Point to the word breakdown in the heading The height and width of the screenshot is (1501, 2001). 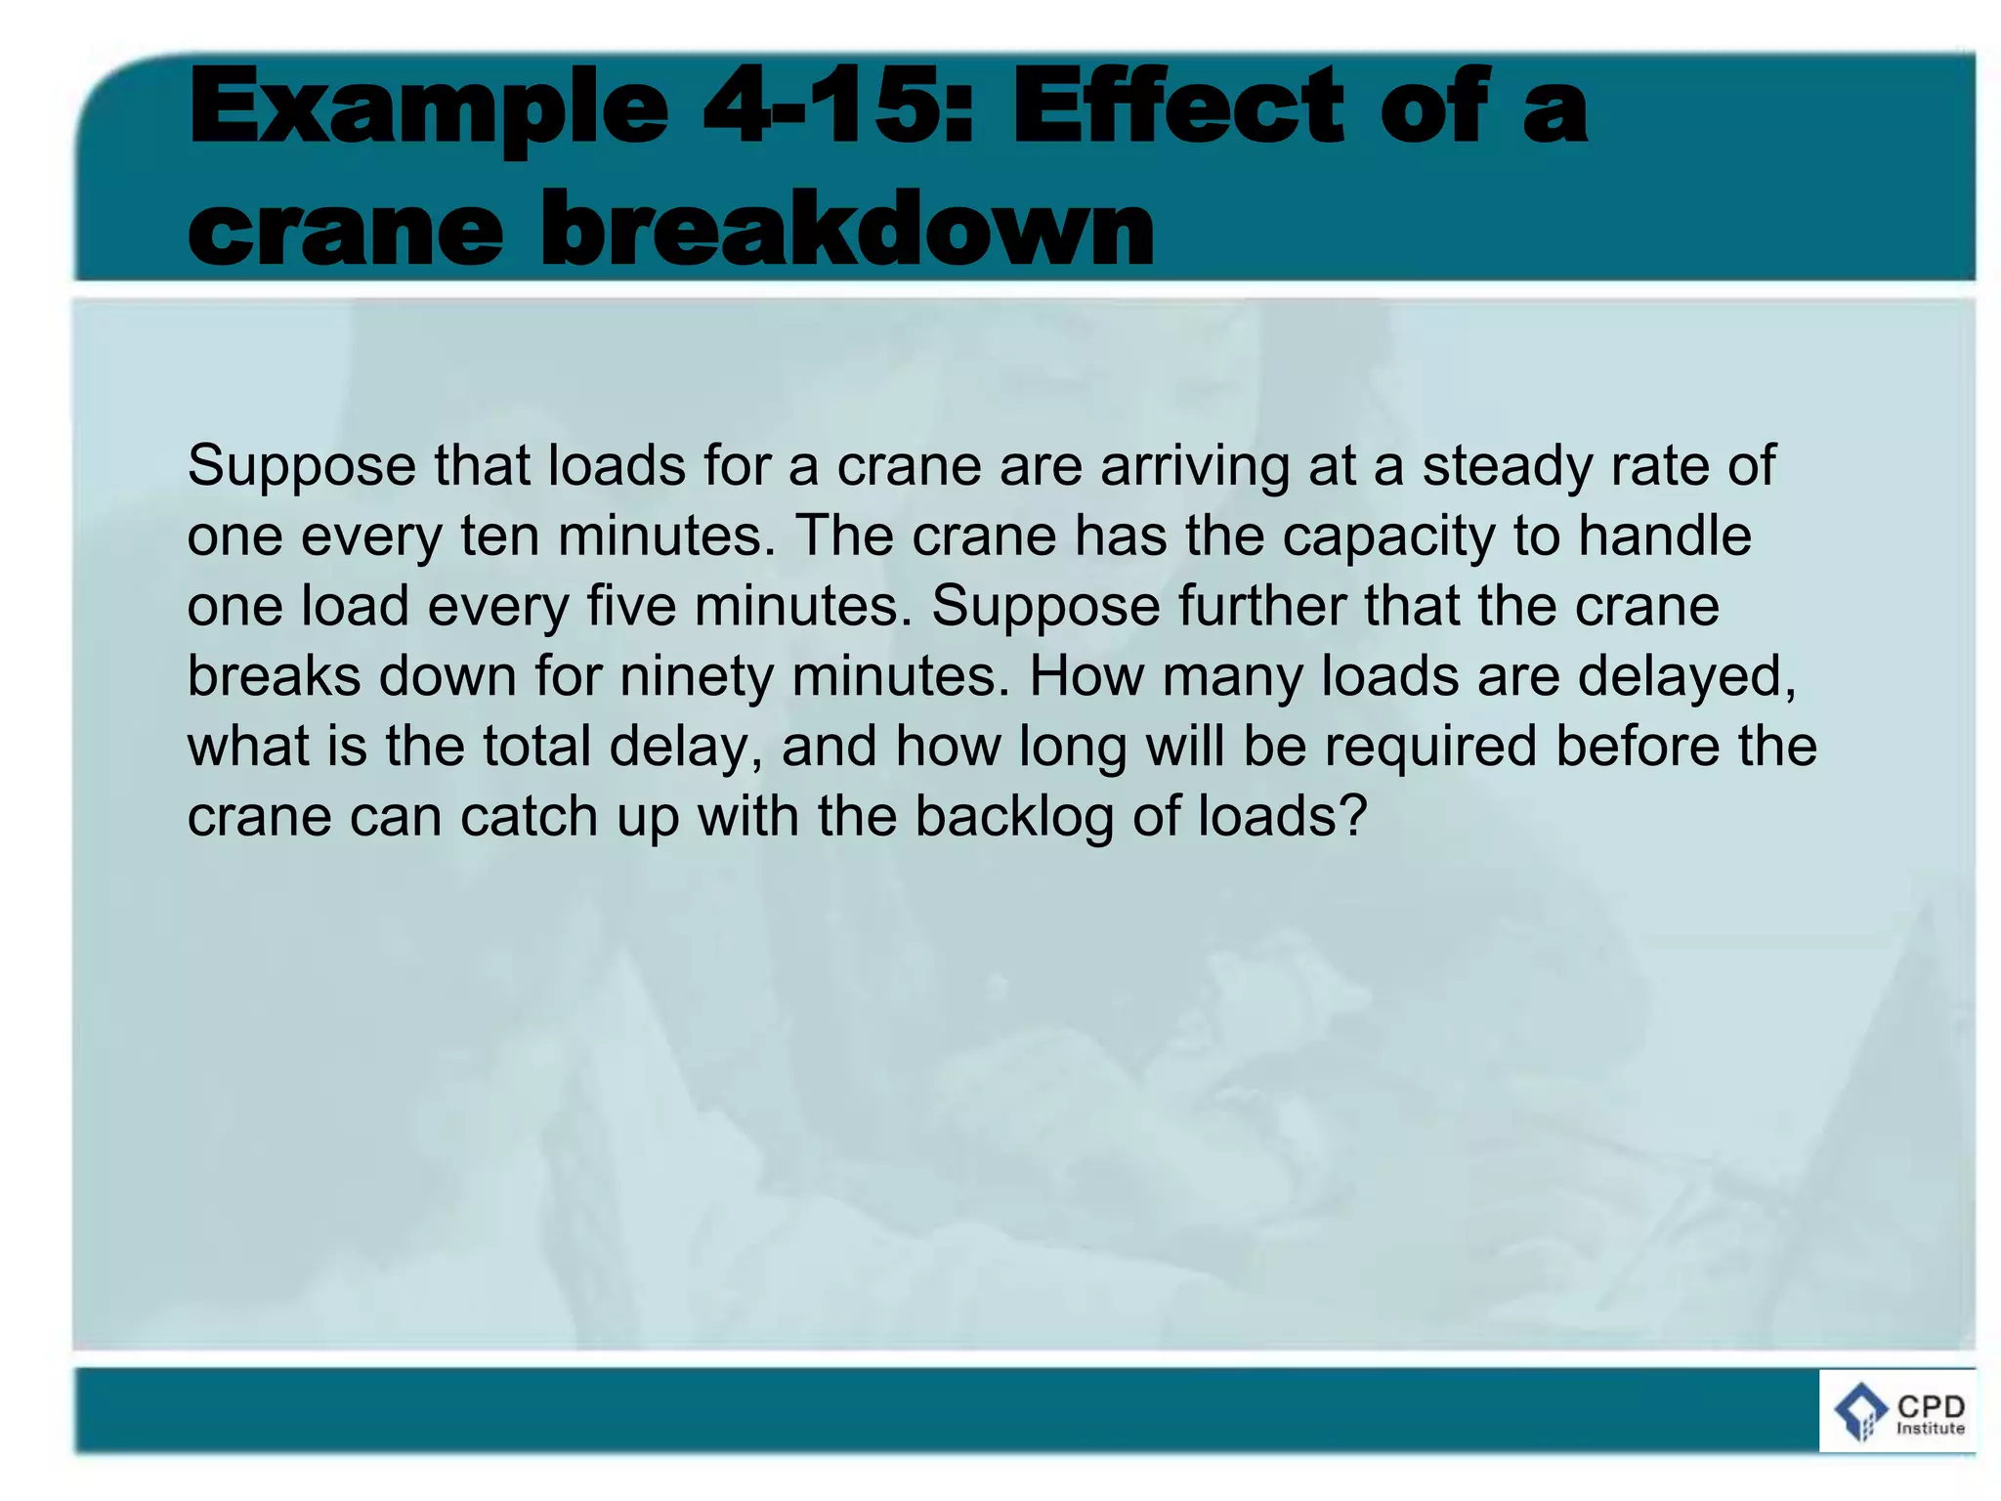pos(846,229)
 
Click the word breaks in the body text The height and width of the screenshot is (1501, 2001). pos(274,677)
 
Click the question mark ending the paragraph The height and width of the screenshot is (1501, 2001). pos(1352,816)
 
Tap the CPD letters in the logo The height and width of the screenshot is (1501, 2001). pos(1931,1406)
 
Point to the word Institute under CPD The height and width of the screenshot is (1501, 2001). pos(1931,1429)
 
